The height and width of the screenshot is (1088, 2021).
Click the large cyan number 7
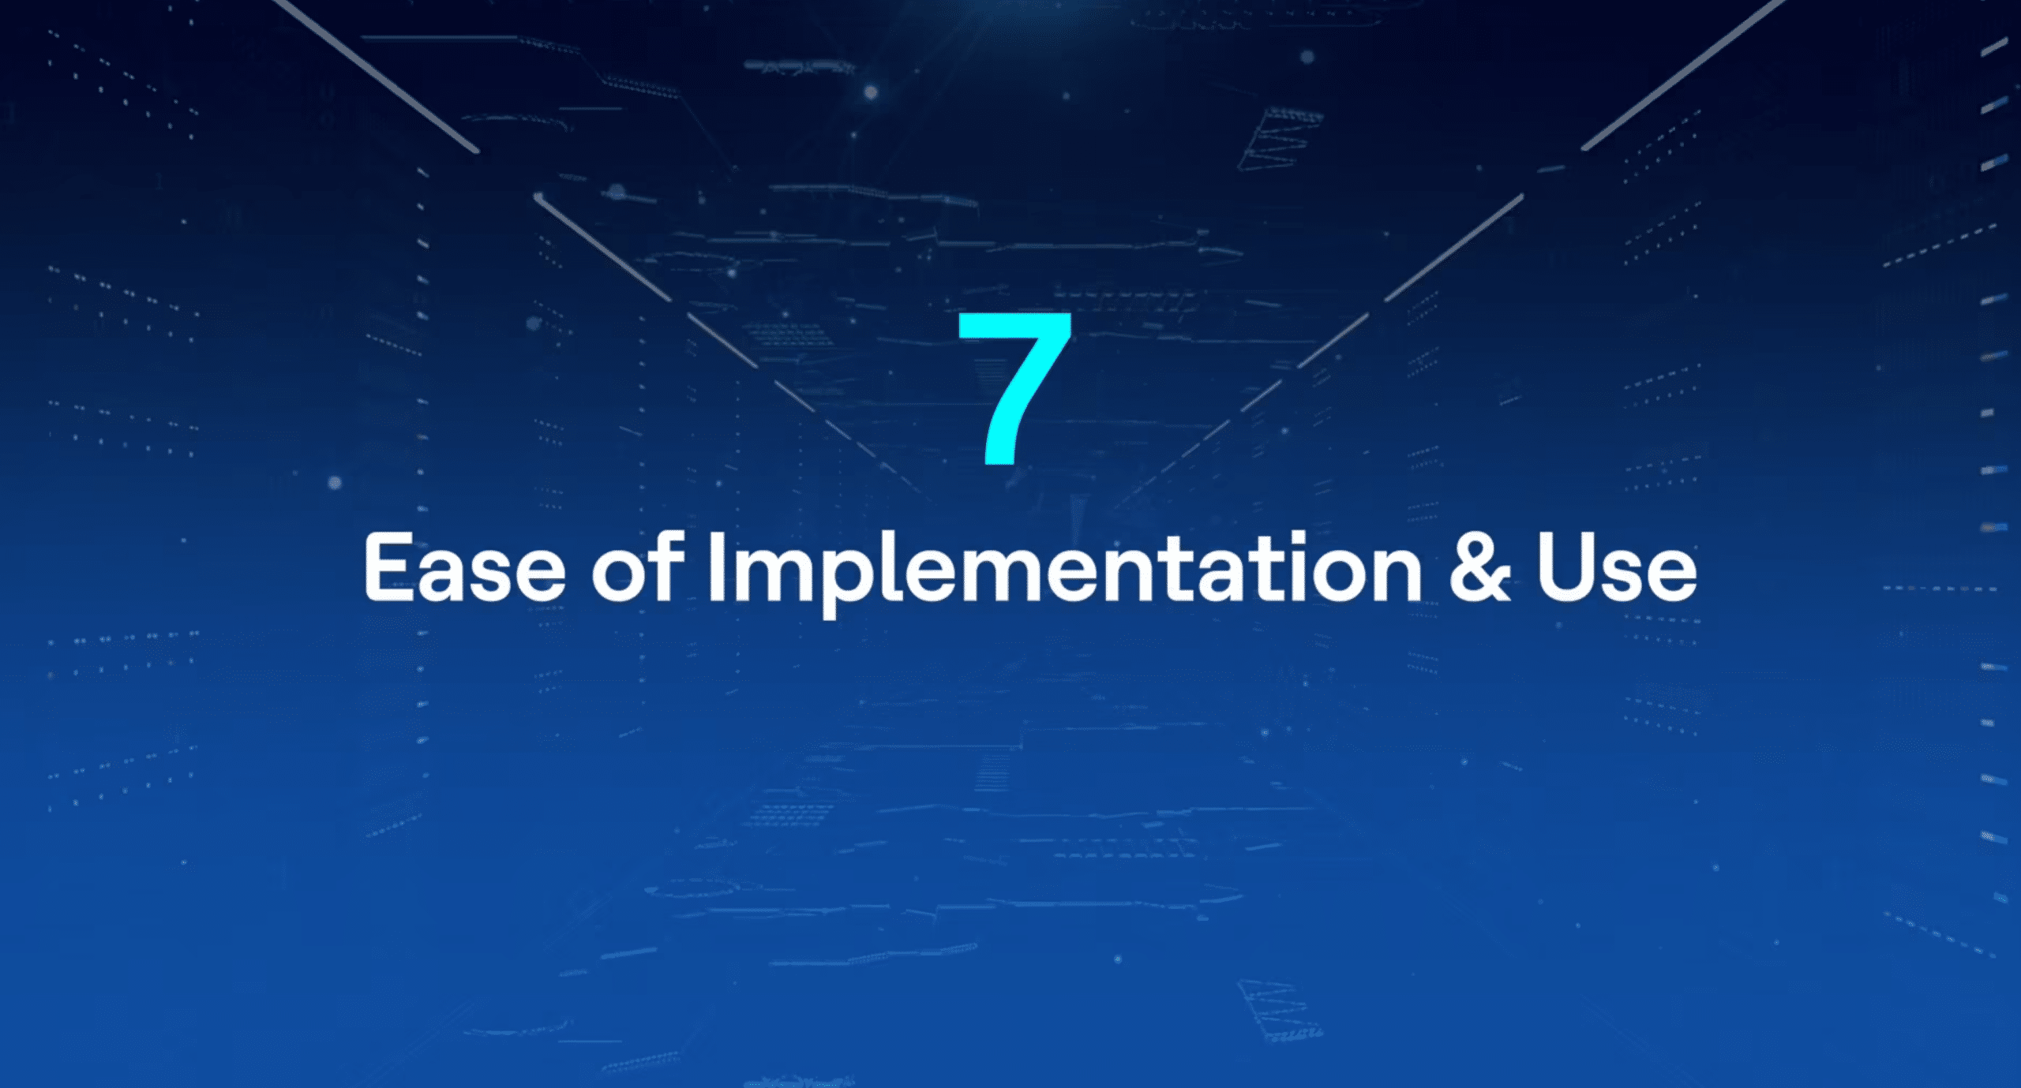1014,387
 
